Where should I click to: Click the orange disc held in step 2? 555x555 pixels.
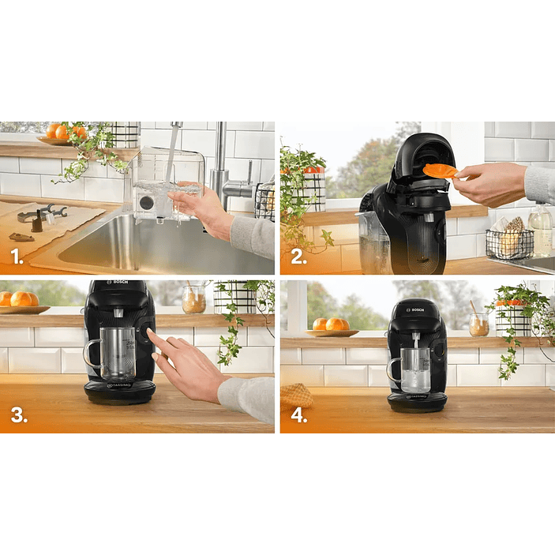440,170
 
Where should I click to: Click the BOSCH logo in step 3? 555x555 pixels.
121,283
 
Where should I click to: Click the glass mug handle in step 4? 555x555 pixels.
392,370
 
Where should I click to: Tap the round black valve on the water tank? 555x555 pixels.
147,202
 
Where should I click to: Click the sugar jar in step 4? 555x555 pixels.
478,324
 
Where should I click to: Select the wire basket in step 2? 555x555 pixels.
509,242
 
